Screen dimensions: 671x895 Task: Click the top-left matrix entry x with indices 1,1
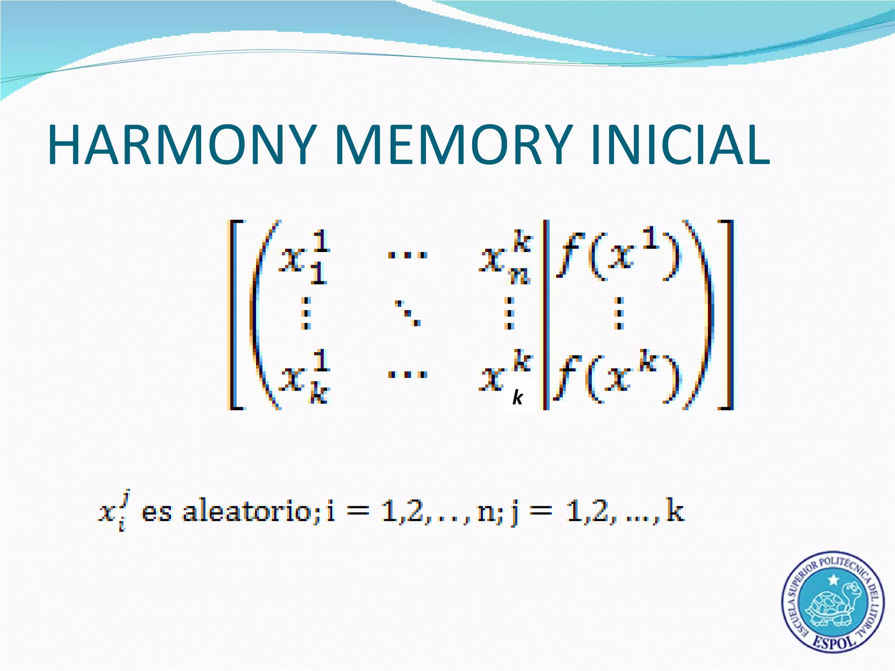pos(304,258)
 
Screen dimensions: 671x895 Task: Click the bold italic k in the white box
pos(518,398)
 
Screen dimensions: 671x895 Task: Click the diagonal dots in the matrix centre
pos(407,313)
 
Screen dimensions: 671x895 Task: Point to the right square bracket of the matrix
pos(726,315)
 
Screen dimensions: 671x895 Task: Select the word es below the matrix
pos(156,512)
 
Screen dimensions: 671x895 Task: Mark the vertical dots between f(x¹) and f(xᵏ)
pos(618,313)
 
